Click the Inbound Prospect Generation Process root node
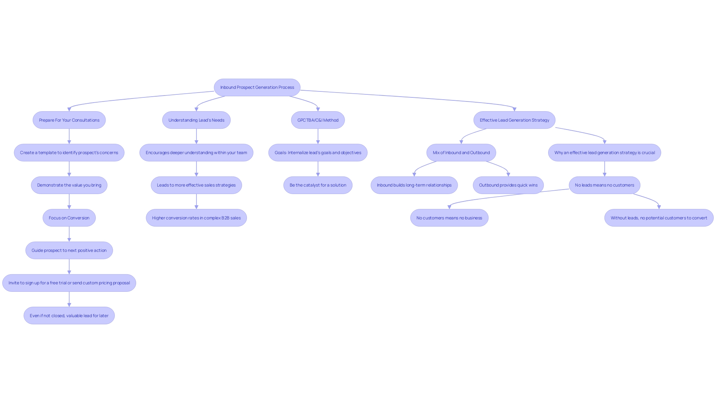(257, 87)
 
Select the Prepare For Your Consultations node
(69, 120)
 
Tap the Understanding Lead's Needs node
(196, 120)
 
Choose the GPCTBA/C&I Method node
(318, 120)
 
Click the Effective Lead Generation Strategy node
(514, 120)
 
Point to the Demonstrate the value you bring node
(69, 185)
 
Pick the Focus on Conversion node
(69, 218)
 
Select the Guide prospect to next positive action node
(69, 250)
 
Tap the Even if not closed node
(69, 316)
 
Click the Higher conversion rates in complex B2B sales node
(196, 218)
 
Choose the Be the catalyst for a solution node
(318, 185)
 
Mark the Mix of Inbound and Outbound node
(461, 153)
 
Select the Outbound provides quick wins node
(508, 185)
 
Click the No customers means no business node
(449, 218)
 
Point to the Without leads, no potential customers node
(659, 218)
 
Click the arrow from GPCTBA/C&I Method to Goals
(318, 136)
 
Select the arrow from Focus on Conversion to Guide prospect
(69, 234)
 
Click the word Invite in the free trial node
(14, 283)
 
